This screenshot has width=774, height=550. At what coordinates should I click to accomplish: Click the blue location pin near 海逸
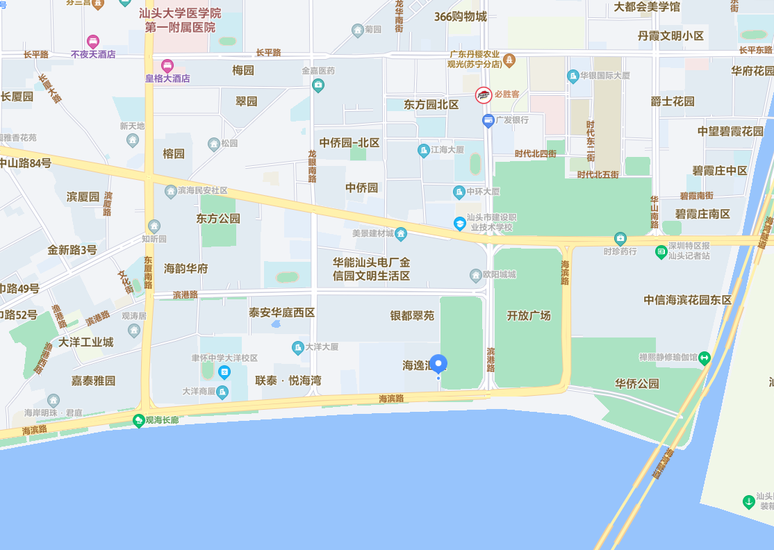click(x=438, y=364)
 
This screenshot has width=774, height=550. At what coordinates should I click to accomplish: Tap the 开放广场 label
click(x=529, y=315)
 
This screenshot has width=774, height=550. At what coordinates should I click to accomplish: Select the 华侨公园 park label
click(x=636, y=383)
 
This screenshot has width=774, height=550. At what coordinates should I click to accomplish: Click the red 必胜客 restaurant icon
click(x=484, y=95)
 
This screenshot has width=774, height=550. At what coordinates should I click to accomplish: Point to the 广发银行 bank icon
click(x=488, y=120)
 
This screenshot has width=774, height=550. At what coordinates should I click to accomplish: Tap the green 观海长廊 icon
click(x=139, y=420)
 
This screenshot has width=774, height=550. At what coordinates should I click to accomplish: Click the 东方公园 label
click(x=218, y=218)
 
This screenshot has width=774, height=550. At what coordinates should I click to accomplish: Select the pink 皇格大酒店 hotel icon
click(x=167, y=66)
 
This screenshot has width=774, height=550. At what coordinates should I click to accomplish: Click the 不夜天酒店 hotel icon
click(x=93, y=42)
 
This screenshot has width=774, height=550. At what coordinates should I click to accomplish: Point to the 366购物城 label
click(x=460, y=17)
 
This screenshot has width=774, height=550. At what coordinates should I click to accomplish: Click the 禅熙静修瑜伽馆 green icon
click(x=705, y=358)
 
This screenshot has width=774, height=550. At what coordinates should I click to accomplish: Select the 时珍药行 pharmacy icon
click(x=620, y=238)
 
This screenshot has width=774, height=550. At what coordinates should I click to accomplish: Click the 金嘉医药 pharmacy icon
click(x=318, y=85)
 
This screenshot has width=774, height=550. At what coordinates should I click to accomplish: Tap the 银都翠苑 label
click(x=412, y=315)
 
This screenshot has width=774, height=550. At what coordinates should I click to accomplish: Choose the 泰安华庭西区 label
click(x=282, y=312)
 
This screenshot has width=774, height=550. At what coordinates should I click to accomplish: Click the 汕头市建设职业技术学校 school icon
click(x=459, y=223)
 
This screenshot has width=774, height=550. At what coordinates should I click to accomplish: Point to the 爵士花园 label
click(x=673, y=101)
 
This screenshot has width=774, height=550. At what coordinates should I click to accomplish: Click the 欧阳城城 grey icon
click(x=476, y=274)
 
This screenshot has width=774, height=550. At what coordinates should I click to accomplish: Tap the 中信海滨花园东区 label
click(x=688, y=300)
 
